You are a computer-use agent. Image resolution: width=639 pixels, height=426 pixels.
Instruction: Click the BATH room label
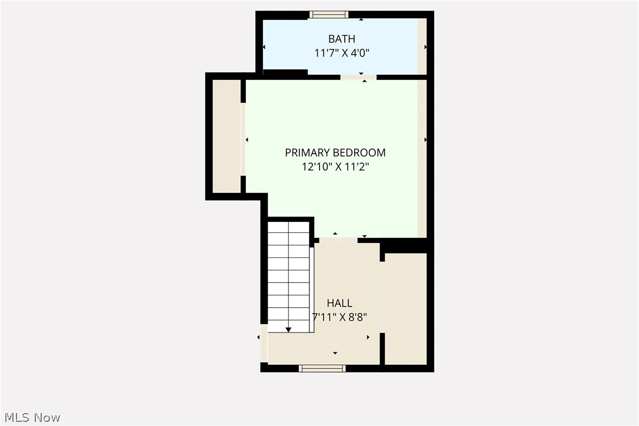tap(341, 39)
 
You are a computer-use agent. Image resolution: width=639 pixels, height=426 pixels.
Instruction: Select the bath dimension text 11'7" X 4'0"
tap(341, 53)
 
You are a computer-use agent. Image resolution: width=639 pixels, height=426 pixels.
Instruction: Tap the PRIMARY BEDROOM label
tap(335, 152)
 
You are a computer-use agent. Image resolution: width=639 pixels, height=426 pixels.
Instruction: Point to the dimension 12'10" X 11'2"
tap(335, 167)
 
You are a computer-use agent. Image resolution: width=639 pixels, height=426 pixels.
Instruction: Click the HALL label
tap(340, 303)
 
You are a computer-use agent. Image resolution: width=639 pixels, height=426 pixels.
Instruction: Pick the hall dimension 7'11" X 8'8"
tap(340, 317)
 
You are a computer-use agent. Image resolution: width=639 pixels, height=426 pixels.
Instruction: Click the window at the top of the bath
tap(329, 15)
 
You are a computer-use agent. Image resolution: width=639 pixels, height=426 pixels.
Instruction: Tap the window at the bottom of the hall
tap(322, 368)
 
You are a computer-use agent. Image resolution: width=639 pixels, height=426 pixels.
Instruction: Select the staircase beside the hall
tap(288, 274)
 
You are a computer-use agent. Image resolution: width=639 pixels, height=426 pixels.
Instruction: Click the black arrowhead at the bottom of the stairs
tap(288, 330)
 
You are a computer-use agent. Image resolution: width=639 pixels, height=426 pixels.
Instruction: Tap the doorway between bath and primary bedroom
tap(358, 77)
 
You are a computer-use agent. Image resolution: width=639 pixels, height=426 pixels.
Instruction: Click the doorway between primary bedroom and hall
tap(338, 240)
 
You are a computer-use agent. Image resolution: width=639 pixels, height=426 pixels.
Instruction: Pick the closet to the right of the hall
tap(405, 308)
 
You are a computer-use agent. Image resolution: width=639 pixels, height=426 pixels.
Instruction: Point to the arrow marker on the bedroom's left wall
tap(247, 139)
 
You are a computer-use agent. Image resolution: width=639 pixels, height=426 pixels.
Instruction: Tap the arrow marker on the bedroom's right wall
tap(425, 139)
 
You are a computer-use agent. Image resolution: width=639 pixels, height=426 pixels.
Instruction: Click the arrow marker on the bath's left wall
tap(264, 47)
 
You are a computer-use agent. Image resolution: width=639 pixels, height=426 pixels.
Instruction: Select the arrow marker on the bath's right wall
tap(425, 47)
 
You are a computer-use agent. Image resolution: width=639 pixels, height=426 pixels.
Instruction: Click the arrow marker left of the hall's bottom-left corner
tap(259, 337)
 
